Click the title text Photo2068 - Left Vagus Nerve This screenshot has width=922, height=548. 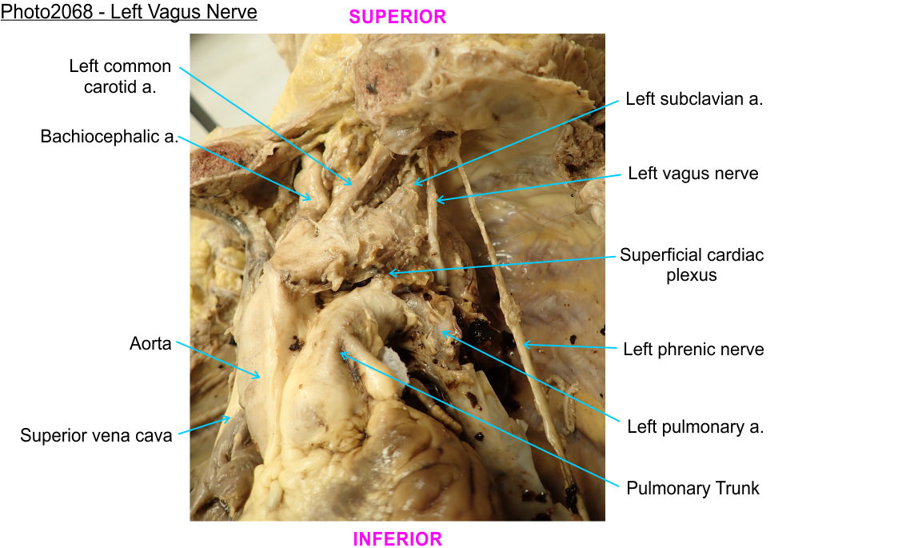(129, 13)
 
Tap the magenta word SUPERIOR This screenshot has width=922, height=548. (397, 17)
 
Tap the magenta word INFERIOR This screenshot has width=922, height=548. (397, 539)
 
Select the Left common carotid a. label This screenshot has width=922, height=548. (120, 76)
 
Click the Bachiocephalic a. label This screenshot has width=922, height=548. (110, 137)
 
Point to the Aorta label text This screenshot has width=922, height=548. (150, 345)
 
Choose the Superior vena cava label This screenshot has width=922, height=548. (96, 436)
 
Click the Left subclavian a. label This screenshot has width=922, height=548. (694, 99)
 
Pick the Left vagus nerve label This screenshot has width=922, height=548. (693, 173)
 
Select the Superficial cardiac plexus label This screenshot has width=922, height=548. (692, 265)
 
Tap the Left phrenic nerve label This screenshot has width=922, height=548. (693, 349)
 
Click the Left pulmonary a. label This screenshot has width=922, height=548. (695, 426)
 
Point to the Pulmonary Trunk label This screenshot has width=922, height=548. (692, 487)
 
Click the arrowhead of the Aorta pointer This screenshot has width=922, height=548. (261, 378)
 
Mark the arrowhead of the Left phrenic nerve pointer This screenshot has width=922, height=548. (523, 344)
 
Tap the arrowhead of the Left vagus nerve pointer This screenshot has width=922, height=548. (436, 199)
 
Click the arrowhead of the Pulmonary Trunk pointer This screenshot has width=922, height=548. (341, 352)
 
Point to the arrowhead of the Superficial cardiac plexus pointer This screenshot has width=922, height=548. (389, 274)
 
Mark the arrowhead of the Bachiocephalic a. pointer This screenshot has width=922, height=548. (311, 198)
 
